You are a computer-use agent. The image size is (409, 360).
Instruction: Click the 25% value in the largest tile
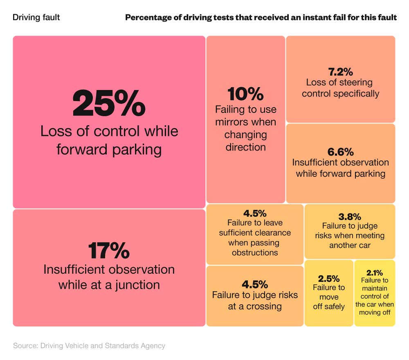point(109,103)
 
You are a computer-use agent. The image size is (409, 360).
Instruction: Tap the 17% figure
point(109,251)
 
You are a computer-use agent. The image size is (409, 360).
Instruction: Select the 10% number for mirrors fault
point(245,94)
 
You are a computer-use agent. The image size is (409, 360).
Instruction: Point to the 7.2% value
point(340,72)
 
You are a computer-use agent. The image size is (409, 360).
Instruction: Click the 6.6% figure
point(340,152)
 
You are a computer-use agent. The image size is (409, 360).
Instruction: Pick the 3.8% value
point(350,216)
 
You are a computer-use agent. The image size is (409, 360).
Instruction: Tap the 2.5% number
point(329,279)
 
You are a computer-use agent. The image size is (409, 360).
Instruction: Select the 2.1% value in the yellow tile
point(375,272)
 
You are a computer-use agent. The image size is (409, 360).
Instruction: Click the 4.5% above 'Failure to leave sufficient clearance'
point(255,213)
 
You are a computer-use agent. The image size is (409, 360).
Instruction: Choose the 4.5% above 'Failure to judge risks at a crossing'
point(255,284)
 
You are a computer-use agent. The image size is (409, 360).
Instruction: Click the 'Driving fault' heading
point(36,17)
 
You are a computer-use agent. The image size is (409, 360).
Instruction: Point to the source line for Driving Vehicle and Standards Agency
point(89,346)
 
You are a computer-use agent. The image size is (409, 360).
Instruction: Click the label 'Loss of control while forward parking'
point(109,140)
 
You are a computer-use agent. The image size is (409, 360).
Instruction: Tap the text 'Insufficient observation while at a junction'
point(109,277)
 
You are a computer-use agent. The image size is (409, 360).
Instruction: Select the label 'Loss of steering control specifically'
point(340,88)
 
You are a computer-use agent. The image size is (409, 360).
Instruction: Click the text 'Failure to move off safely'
point(329,297)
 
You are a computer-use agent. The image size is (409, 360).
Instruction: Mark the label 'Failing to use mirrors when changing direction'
point(245,128)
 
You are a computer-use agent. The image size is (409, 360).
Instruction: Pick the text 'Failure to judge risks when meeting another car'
point(350,236)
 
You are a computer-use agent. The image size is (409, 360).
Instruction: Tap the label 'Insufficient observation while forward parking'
point(340,168)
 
